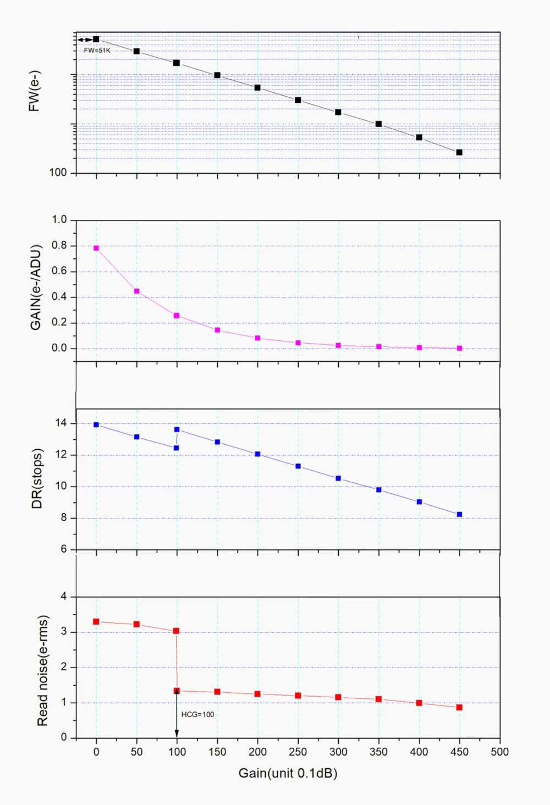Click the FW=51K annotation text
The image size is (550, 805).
[97, 51]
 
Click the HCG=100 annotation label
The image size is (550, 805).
[197, 714]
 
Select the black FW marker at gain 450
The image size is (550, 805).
[459, 152]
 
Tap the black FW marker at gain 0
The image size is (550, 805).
[96, 39]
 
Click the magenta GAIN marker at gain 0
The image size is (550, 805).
[96, 248]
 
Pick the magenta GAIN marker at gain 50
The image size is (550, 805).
[136, 291]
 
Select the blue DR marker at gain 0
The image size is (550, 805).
[96, 425]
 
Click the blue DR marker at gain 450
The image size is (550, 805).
[459, 514]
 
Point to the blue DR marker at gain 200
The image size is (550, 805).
[257, 454]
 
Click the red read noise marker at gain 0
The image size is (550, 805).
[96, 622]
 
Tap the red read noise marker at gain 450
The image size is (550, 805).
[459, 707]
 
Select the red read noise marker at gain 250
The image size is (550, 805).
[298, 696]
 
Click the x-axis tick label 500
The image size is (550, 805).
[499, 752]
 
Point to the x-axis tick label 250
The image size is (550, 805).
[298, 752]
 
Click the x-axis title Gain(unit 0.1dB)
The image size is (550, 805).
[288, 773]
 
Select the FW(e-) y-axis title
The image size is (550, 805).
[34, 91]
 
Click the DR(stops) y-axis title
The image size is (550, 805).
[37, 478]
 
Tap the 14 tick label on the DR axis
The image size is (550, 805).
[61, 423]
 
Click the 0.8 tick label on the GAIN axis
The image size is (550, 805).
[59, 245]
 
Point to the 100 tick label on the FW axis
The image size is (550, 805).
[58, 173]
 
